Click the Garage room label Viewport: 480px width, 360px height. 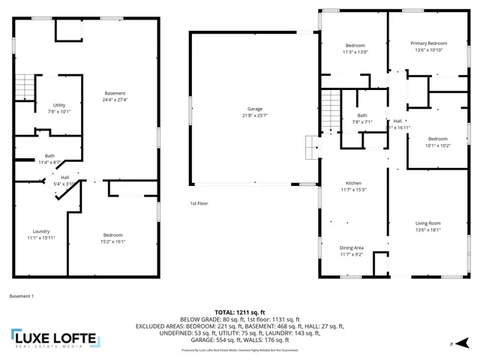pyautogui.click(x=255, y=109)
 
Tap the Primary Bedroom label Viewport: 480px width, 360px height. pyautogui.click(x=428, y=43)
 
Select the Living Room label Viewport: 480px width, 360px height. pyautogui.click(x=428, y=223)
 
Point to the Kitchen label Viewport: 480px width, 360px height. pyautogui.click(x=353, y=184)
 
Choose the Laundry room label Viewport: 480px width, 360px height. pyautogui.click(x=40, y=231)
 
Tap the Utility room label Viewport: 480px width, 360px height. pyautogui.click(x=58, y=105)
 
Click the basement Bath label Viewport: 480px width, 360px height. pyautogui.click(x=49, y=156)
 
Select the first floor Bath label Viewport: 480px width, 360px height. pyautogui.click(x=362, y=115)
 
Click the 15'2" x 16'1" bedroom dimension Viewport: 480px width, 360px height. pyautogui.click(x=113, y=241)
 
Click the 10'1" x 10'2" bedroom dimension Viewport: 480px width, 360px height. pyautogui.click(x=439, y=145)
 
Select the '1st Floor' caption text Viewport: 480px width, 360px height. pyautogui.click(x=198, y=204)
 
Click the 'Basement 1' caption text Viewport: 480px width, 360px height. pyautogui.click(x=21, y=296)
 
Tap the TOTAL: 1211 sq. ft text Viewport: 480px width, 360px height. pyautogui.click(x=239, y=311)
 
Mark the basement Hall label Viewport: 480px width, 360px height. pyautogui.click(x=64, y=177)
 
